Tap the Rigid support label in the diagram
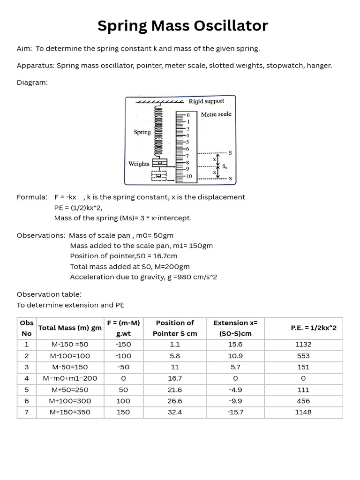pyautogui.click(x=206, y=101)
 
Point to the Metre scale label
pyautogui.click(x=216, y=114)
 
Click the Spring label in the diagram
pyautogui.click(x=142, y=132)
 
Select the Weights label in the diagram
pyautogui.click(x=139, y=164)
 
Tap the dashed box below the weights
pyautogui.click(x=159, y=175)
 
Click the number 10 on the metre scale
pyautogui.click(x=189, y=176)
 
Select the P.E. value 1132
pyautogui.click(x=303, y=344)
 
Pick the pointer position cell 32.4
pyautogui.click(x=175, y=412)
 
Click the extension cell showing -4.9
pyautogui.click(x=235, y=390)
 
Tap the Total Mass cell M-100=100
pyautogui.click(x=70, y=356)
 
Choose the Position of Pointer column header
pyautogui.click(x=175, y=328)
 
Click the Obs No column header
pyautogui.click(x=27, y=328)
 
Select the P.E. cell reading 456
pyautogui.click(x=303, y=401)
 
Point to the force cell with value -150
pyautogui.click(x=124, y=344)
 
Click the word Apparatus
pyautogui.click(x=35, y=66)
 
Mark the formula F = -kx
pyautogui.click(x=65, y=197)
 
